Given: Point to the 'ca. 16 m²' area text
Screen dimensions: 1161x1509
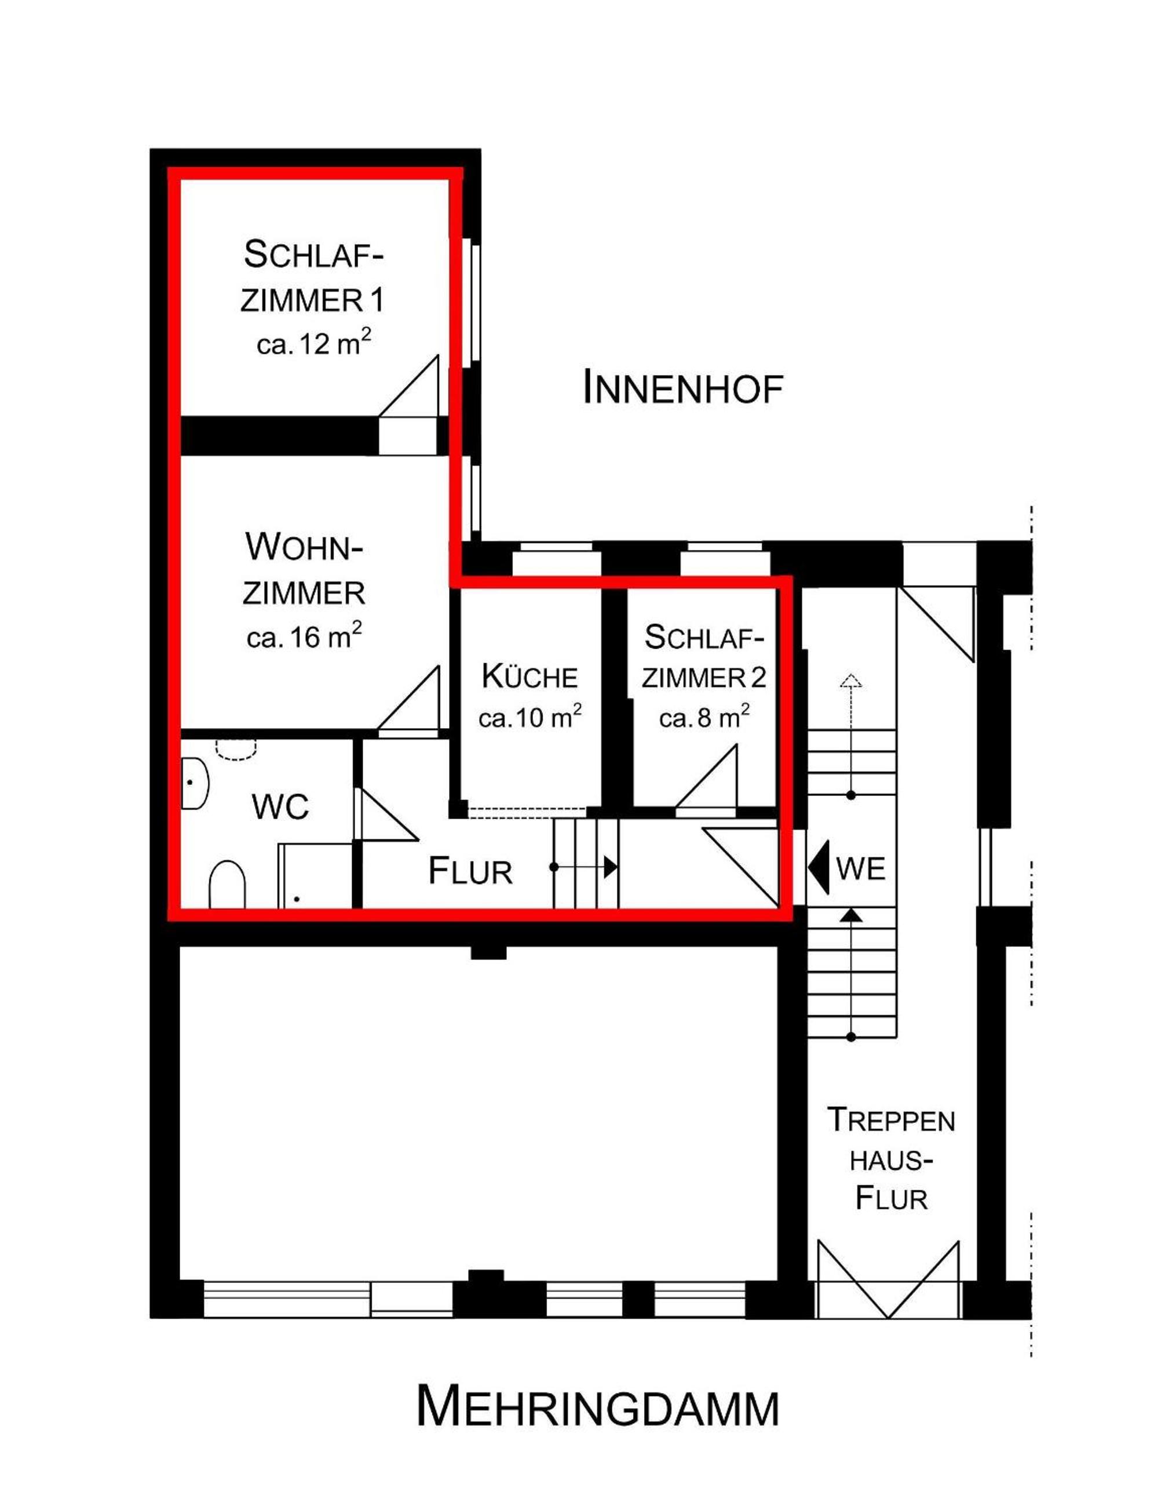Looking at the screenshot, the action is click(305, 637).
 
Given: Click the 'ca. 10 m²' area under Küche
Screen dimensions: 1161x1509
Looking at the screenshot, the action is click(530, 717).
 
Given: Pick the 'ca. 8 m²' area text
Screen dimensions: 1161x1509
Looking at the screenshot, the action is click(704, 717).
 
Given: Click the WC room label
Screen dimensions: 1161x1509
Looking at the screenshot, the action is click(280, 806).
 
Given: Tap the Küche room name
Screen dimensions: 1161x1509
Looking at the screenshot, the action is click(530, 677).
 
